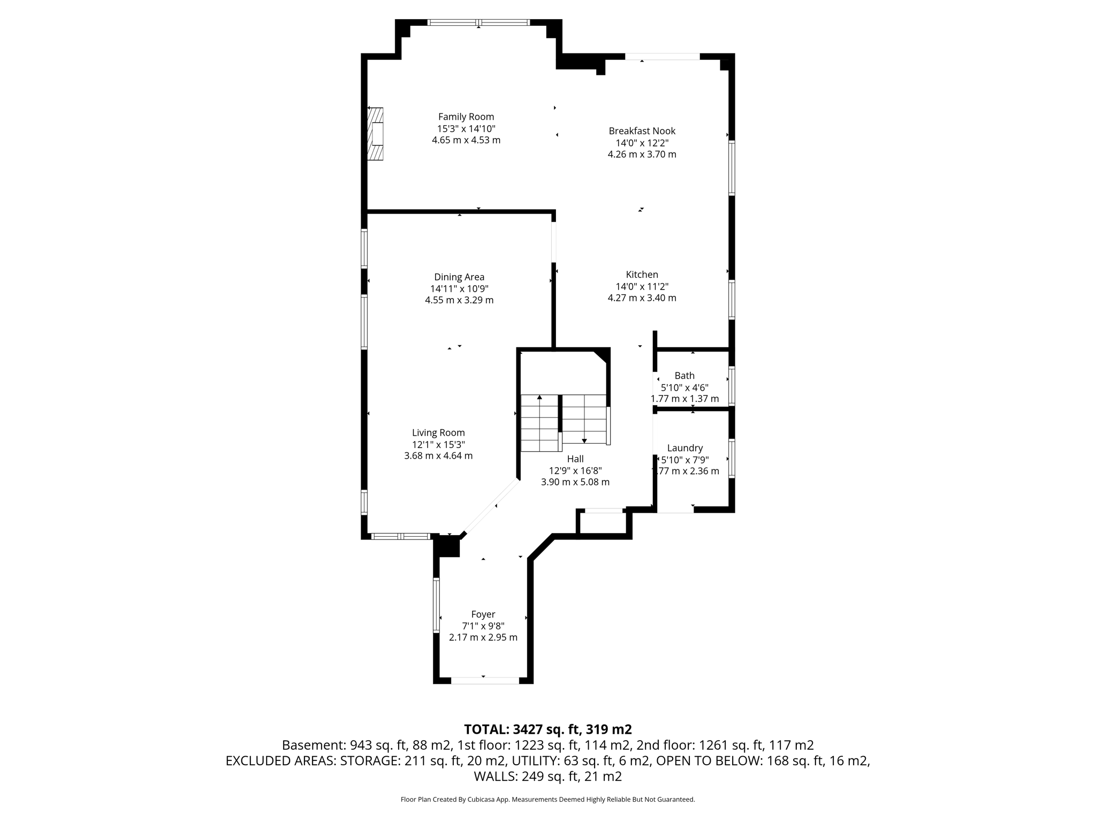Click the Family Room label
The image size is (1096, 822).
click(x=466, y=117)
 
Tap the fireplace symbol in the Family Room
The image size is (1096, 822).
click(x=376, y=134)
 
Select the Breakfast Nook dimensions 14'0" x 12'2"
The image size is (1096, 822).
click(x=642, y=143)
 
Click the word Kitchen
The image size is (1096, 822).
click(x=642, y=275)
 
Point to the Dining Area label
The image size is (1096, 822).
click(x=459, y=277)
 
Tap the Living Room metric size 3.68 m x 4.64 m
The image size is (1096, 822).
click(x=438, y=456)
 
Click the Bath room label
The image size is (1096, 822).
click(x=684, y=376)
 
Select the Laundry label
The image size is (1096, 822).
click(x=684, y=448)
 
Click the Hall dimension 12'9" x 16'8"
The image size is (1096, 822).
click(x=575, y=470)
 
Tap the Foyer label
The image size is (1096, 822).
click(x=483, y=614)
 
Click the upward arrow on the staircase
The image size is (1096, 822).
click(x=539, y=398)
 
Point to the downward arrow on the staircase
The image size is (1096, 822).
click(x=584, y=440)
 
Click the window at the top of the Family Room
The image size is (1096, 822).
click(x=478, y=22)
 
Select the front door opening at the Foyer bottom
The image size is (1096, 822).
click(x=485, y=680)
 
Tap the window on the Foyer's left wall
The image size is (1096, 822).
click(x=436, y=605)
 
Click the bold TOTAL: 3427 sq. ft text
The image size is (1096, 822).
click(x=547, y=729)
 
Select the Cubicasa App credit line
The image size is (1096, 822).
click(x=547, y=800)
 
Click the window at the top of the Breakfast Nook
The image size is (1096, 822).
click(x=662, y=56)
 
